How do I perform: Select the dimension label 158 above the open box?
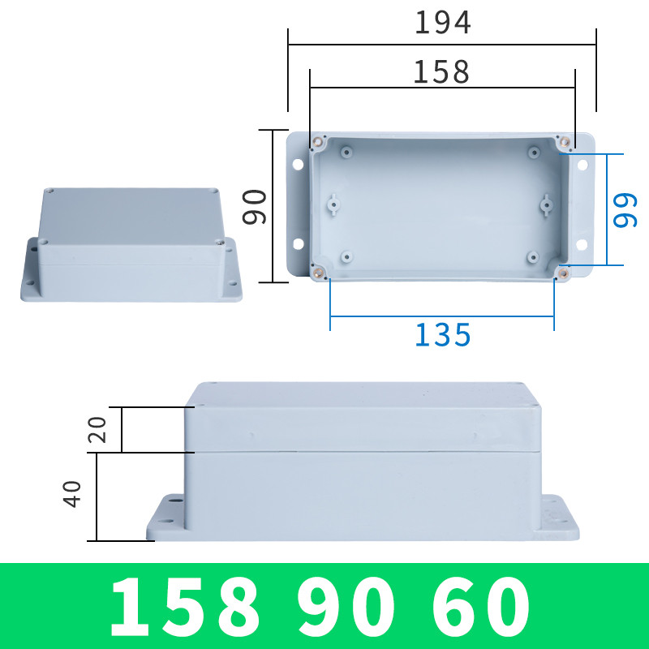(x=441, y=73)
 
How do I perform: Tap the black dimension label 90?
(x=256, y=206)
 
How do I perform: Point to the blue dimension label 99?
(x=625, y=210)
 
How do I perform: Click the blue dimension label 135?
(x=442, y=334)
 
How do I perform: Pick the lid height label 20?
(x=97, y=430)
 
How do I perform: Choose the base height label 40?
(x=73, y=494)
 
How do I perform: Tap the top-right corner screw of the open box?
(x=565, y=143)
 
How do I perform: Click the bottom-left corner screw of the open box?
(x=319, y=272)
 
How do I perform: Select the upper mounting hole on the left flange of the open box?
(x=298, y=165)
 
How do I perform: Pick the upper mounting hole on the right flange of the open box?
(x=582, y=165)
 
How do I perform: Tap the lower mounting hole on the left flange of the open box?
(x=298, y=243)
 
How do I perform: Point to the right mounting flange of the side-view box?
(x=560, y=519)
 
